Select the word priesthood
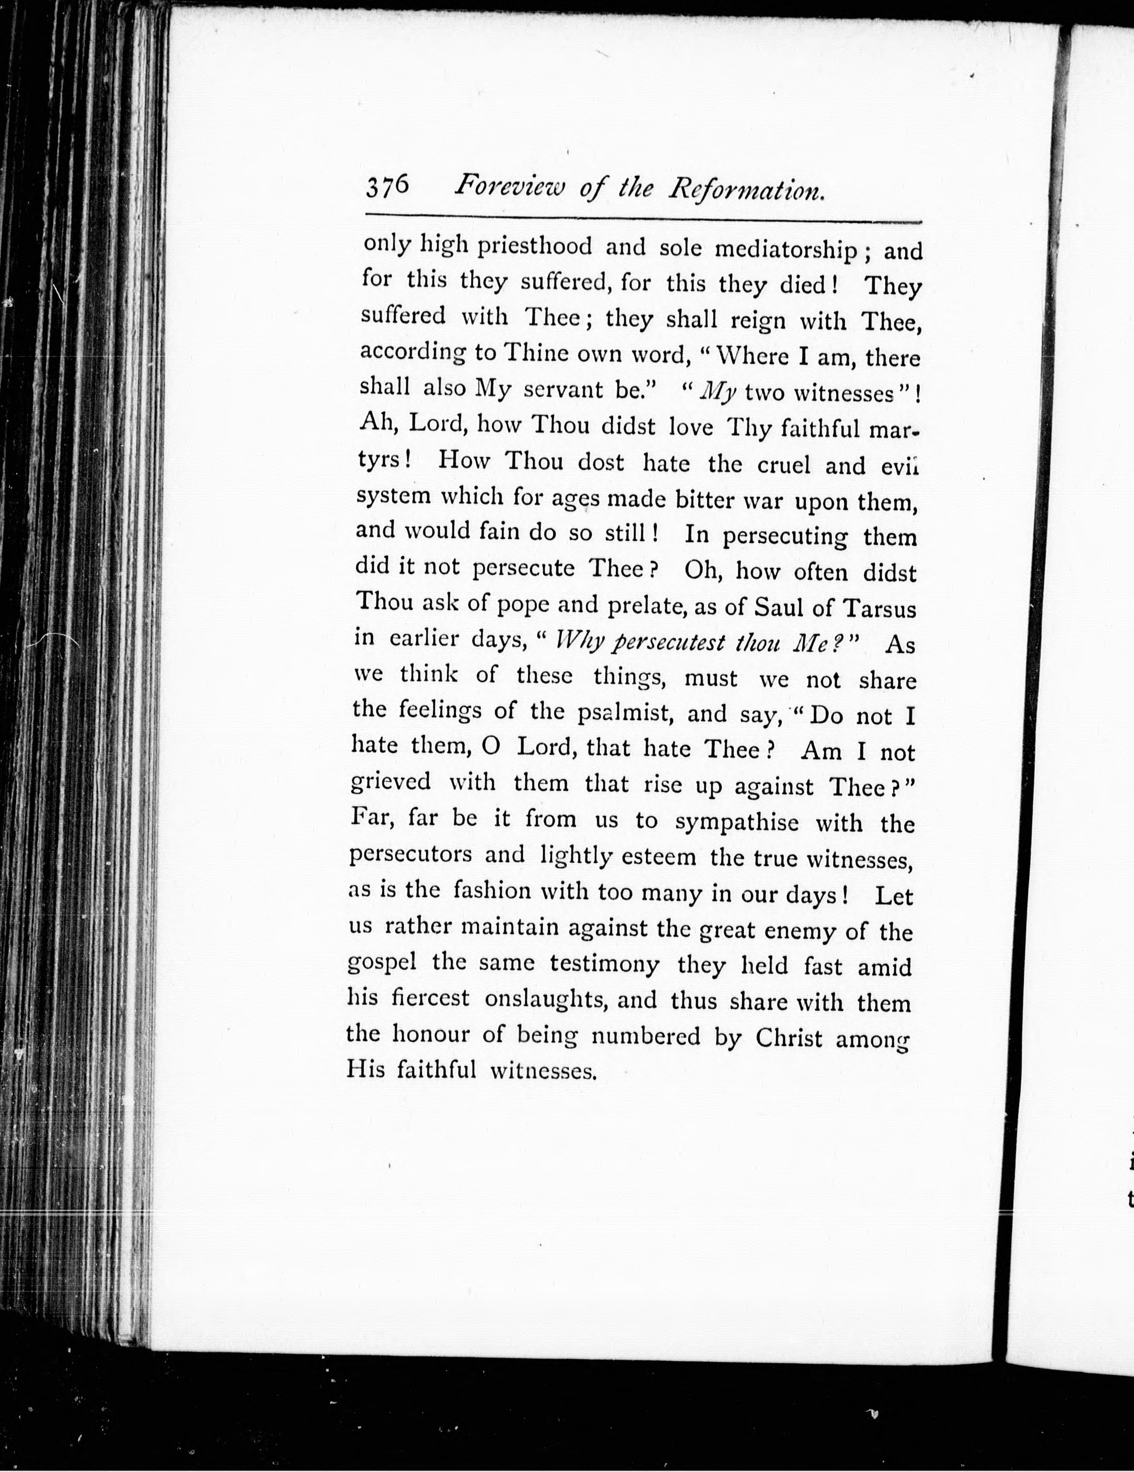[x=534, y=247]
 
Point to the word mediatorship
[x=785, y=251]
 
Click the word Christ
[x=789, y=1037]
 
